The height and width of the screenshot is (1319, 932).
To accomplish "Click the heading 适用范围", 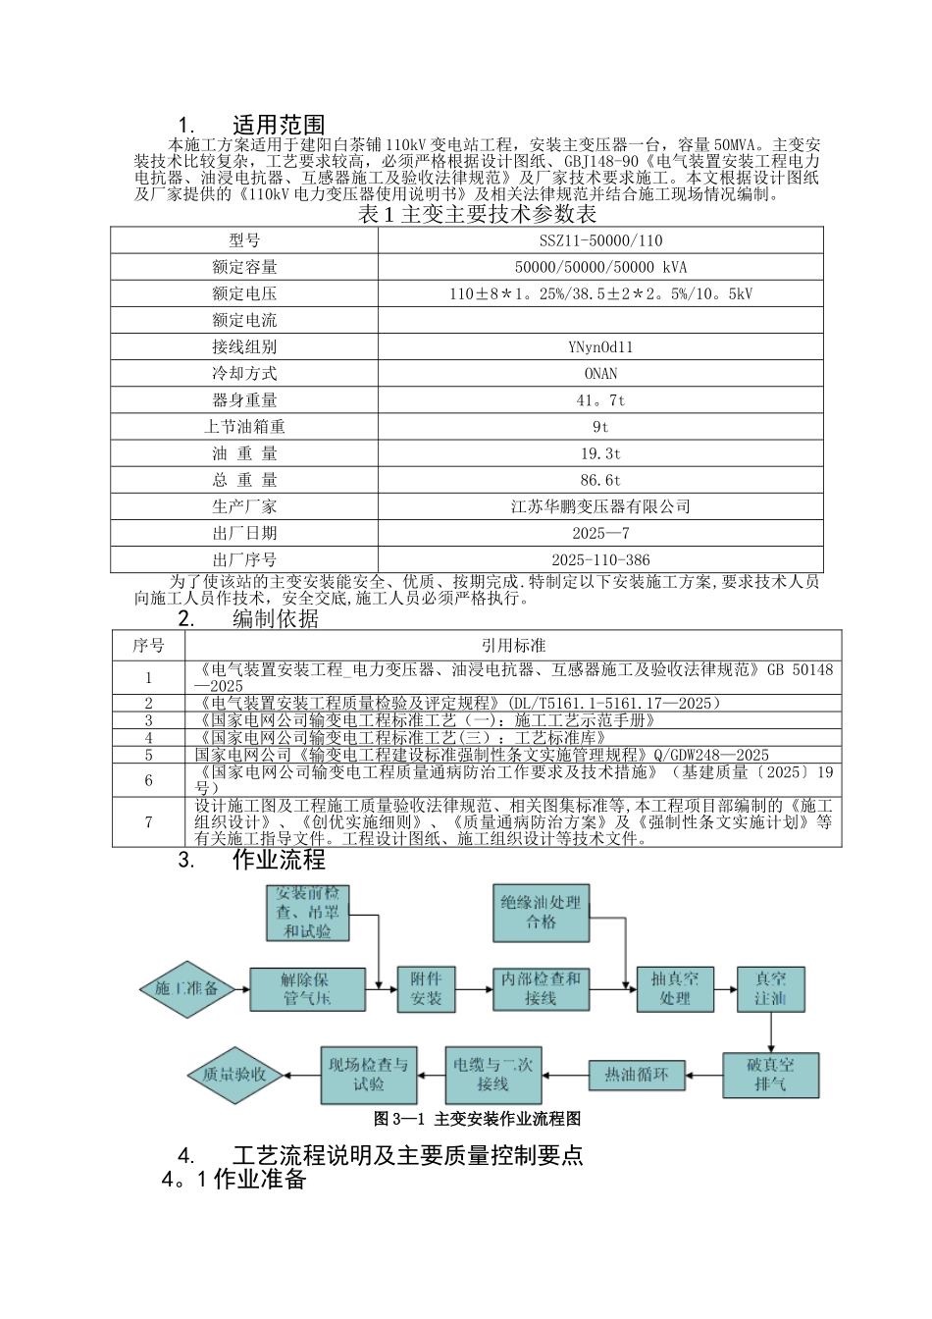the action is [x=279, y=125].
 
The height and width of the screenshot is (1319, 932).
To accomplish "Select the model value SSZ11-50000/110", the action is [x=600, y=240].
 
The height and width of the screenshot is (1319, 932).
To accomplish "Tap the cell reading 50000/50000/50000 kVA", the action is [x=600, y=267].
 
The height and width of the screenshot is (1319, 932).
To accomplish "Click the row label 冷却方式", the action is [x=244, y=374].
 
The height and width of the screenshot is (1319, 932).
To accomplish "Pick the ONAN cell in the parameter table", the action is [x=600, y=374].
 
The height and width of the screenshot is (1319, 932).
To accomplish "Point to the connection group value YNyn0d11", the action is [x=600, y=347].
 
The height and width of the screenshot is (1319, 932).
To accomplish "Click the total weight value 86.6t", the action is [x=600, y=481].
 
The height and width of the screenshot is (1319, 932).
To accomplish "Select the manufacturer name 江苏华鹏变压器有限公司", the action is [x=600, y=507].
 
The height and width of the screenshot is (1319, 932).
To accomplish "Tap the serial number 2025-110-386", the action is [x=600, y=560].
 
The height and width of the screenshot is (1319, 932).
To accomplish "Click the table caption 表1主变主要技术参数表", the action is [x=477, y=214].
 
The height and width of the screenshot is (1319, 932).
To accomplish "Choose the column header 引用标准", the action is [x=513, y=646].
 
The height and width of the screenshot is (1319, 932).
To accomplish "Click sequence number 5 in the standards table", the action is [x=149, y=756].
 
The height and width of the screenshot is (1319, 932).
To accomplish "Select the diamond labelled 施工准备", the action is [x=186, y=988].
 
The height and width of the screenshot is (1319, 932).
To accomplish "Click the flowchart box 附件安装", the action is [x=426, y=988].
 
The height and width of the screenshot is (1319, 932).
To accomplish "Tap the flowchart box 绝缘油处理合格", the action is [x=541, y=912].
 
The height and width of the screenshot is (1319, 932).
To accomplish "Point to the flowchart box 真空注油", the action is [x=770, y=988].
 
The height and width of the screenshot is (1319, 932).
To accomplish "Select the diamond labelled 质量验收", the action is [x=234, y=1075].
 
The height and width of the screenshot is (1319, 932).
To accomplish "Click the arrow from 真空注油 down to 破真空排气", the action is [x=770, y=1032].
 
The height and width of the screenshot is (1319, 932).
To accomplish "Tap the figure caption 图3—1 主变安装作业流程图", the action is [x=477, y=1119].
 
